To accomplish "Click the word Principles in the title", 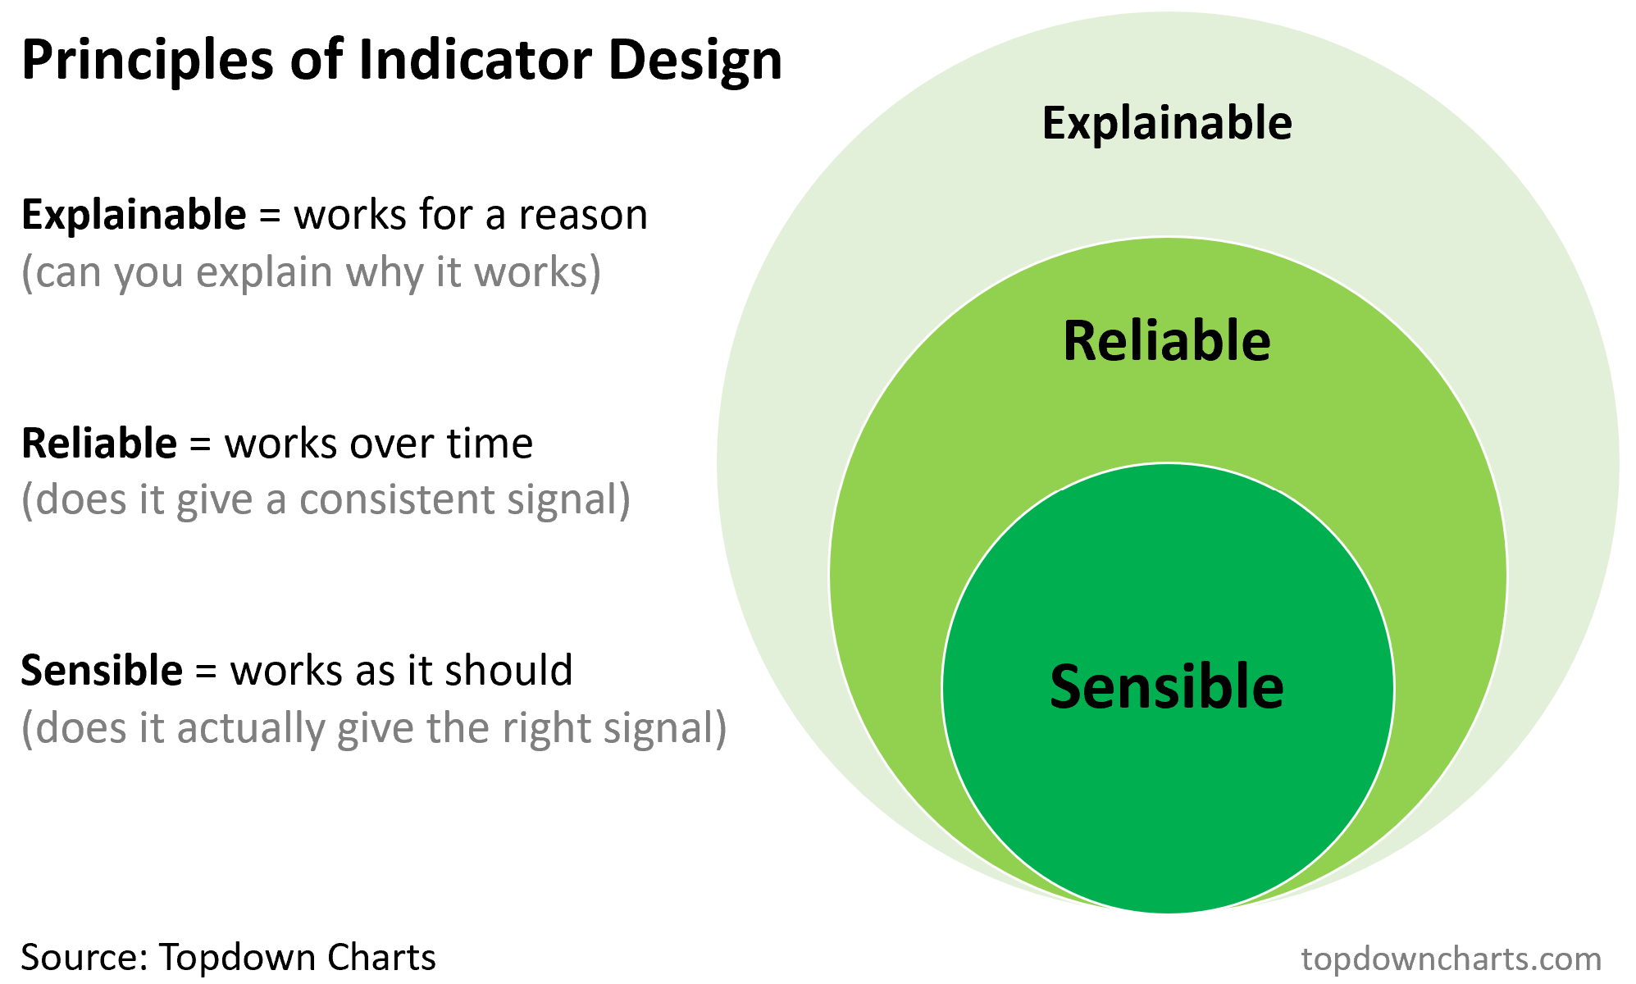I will click(x=147, y=61).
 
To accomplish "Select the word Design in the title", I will click(x=695, y=62).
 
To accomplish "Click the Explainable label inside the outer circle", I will click(x=1167, y=123).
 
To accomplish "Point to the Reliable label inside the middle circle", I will click(x=1167, y=341).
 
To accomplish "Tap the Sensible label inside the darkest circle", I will click(x=1167, y=687).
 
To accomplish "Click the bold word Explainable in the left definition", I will click(x=134, y=216).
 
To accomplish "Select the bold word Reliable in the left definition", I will click(x=99, y=444).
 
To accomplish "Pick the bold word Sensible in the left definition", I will click(x=102, y=671).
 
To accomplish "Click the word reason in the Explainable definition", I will click(x=583, y=216).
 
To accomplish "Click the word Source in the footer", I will click(x=82, y=957).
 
